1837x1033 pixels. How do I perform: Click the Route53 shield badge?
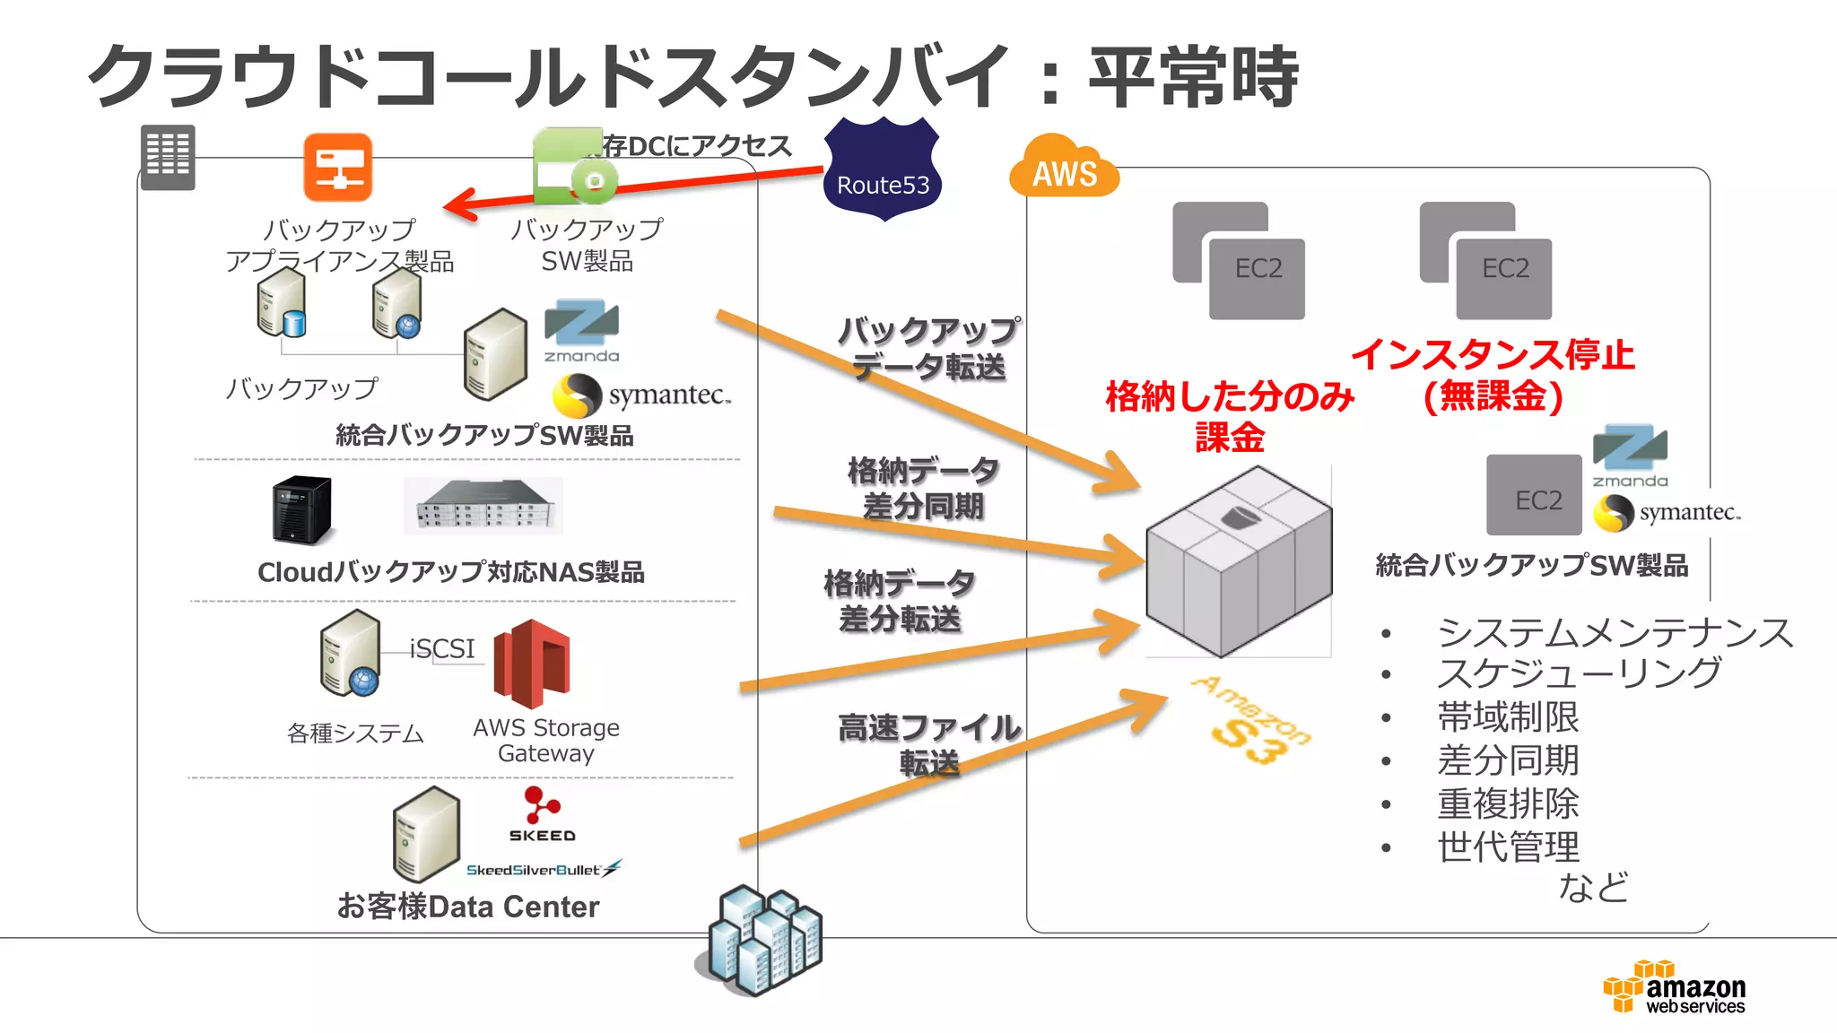pos(882,169)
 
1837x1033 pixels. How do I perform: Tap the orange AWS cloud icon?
pos(1064,168)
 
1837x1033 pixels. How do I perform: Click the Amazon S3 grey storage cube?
pos(1239,561)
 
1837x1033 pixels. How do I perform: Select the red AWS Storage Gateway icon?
pos(532,664)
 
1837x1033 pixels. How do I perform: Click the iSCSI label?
pos(442,648)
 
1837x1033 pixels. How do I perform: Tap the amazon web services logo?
pos(1675,987)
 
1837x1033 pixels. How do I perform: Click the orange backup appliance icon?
pos(337,168)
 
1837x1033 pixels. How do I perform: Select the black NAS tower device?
pos(302,508)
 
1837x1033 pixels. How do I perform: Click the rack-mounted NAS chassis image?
pos(483,507)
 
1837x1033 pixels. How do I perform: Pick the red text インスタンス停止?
pos(1493,355)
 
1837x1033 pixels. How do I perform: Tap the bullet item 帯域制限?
pos(1507,717)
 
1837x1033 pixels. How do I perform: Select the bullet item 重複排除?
pos(1507,803)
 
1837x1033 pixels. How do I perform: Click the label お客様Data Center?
pos(467,907)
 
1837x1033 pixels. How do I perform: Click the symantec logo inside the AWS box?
pos(1667,513)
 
